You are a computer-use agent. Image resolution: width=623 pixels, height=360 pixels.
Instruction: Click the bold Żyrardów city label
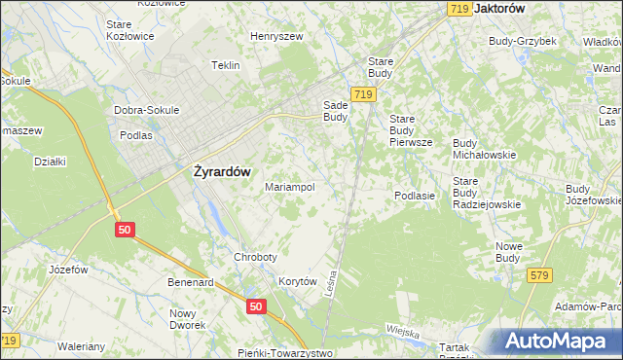click(216, 171)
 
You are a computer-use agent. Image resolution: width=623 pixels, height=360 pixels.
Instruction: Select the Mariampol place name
click(289, 187)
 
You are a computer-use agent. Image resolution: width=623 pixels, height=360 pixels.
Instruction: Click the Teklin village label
click(225, 65)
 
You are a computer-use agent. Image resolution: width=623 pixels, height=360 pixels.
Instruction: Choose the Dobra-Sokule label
click(147, 110)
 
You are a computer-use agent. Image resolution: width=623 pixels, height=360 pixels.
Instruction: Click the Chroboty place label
click(255, 257)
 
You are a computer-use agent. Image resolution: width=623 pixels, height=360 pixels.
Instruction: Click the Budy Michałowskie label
click(484, 149)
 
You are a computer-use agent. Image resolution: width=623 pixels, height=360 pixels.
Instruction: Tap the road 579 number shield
click(540, 276)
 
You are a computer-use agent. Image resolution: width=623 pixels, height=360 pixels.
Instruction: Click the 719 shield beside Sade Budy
click(364, 93)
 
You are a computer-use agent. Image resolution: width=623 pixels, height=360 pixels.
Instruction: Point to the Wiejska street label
click(400, 331)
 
